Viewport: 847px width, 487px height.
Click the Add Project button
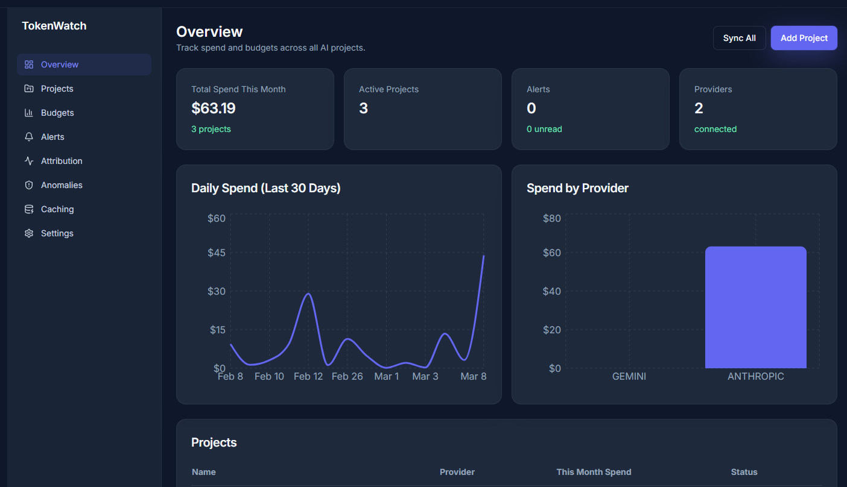(x=804, y=38)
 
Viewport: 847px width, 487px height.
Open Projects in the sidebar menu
(x=57, y=89)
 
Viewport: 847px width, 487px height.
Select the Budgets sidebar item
(x=57, y=113)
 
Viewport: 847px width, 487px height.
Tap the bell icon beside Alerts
(x=28, y=137)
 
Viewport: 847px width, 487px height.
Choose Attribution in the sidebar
(x=62, y=161)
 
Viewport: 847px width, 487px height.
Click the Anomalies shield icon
(x=28, y=185)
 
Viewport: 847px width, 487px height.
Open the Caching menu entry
(x=57, y=209)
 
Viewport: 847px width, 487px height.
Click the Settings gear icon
(x=28, y=233)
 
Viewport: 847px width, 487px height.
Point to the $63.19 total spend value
(x=214, y=108)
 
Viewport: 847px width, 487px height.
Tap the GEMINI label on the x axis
(x=629, y=376)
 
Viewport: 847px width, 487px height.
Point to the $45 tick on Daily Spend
(x=217, y=253)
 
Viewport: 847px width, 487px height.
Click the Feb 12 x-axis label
(x=308, y=376)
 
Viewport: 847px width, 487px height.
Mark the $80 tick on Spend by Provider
(x=551, y=218)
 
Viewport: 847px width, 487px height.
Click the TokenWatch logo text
(x=54, y=26)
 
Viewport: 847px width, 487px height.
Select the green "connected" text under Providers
(x=715, y=129)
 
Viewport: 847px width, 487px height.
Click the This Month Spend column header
(x=594, y=472)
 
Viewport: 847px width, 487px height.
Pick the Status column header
(x=744, y=472)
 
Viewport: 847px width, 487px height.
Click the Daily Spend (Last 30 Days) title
(x=265, y=188)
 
